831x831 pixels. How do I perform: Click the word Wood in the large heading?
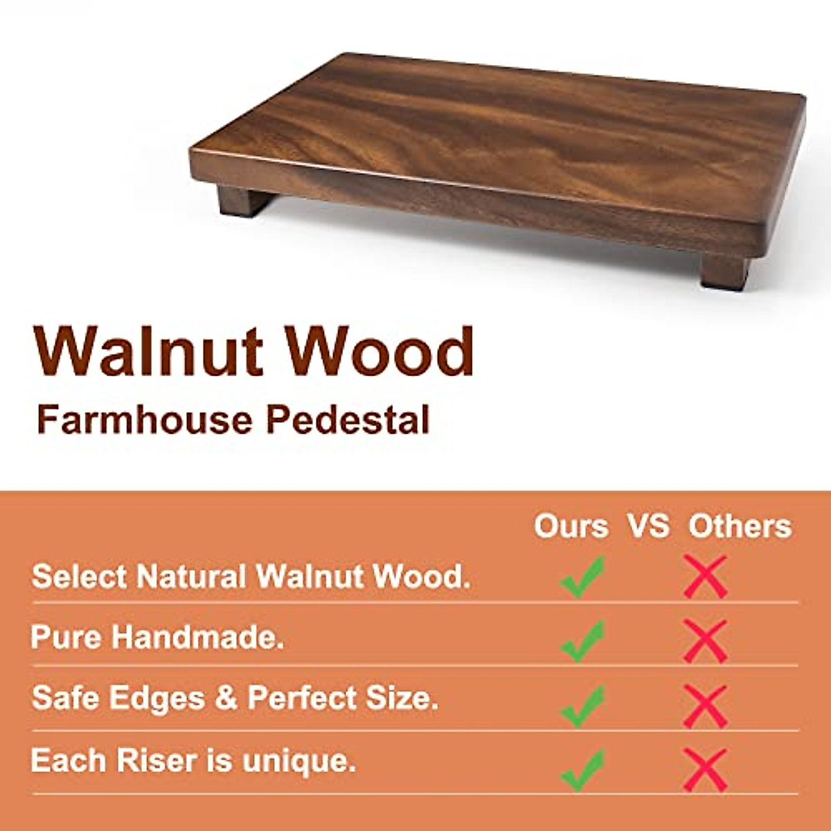pyautogui.click(x=380, y=352)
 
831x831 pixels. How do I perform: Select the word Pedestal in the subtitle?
pyautogui.click(x=348, y=420)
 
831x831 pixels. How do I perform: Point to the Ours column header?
pyautogui.click(x=571, y=526)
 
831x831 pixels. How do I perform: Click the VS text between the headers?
pyautogui.click(x=649, y=526)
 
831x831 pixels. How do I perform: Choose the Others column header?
pyautogui.click(x=740, y=526)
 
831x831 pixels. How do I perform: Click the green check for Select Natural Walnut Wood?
pyautogui.click(x=582, y=576)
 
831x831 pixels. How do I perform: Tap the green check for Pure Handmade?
pyautogui.click(x=582, y=641)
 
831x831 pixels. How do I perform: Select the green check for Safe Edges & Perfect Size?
pyautogui.click(x=582, y=705)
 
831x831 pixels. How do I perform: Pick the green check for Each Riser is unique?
pyautogui.click(x=582, y=769)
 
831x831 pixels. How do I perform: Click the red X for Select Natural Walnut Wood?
pyautogui.click(x=705, y=576)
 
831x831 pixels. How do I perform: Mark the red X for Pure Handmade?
pyautogui.click(x=705, y=641)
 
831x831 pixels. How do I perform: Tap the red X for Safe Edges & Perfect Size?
pyautogui.click(x=705, y=705)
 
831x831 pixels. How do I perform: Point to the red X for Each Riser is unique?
pyautogui.click(x=705, y=769)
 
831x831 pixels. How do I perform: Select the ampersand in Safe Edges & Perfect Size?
pyautogui.click(x=226, y=698)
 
